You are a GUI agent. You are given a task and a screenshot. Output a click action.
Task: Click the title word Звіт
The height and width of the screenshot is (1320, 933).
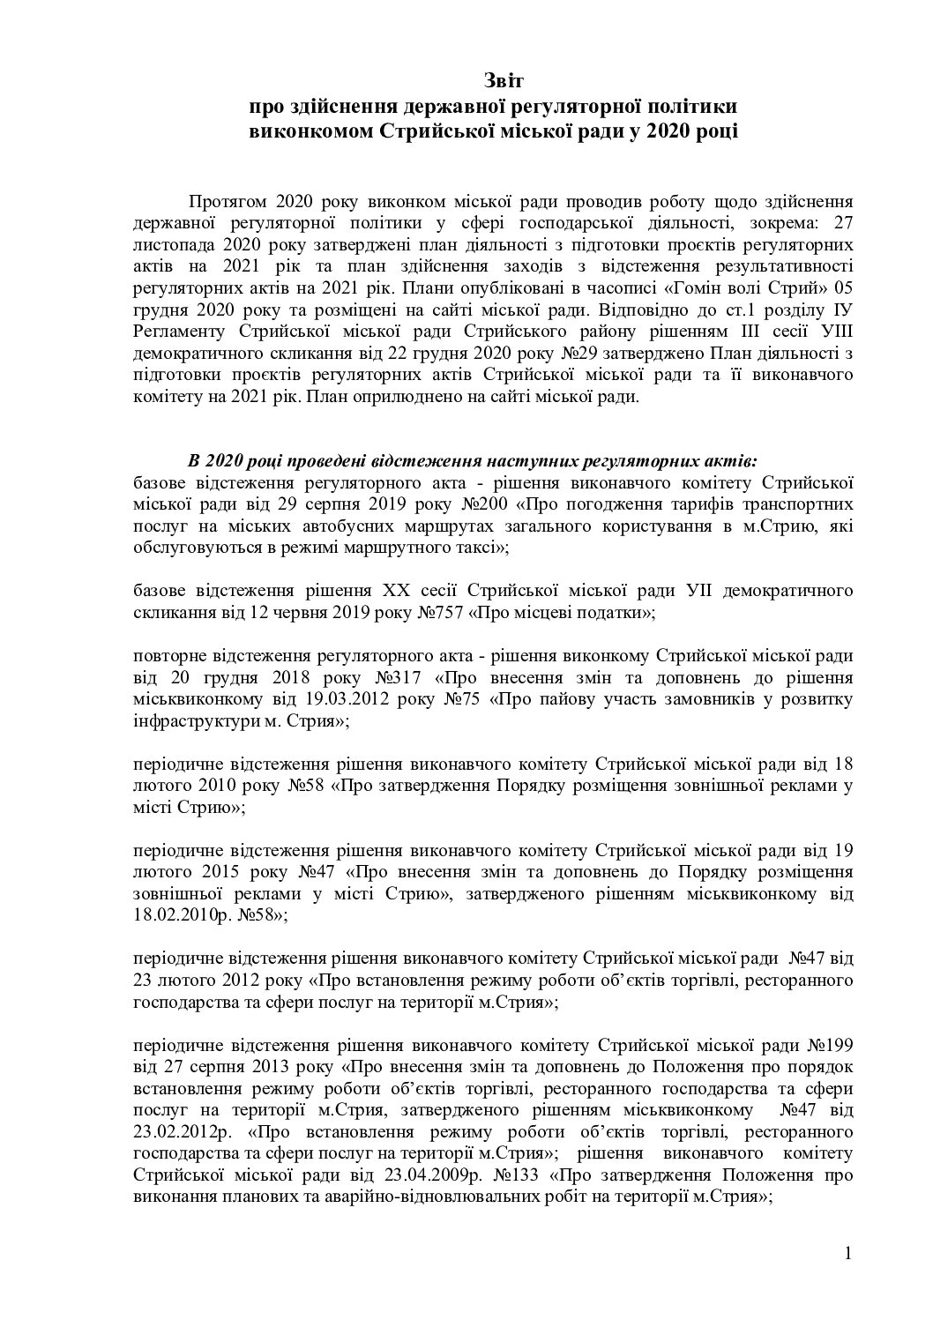(x=504, y=81)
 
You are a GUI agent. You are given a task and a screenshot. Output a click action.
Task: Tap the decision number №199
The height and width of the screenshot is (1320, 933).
(x=829, y=1046)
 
